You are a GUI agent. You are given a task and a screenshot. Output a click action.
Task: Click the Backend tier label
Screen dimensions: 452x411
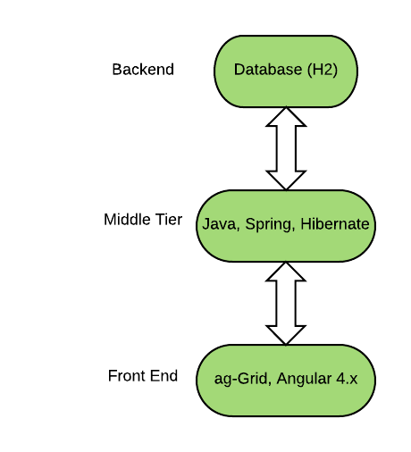[143, 69]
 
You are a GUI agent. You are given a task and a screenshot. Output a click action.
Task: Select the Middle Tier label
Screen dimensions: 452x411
[143, 220]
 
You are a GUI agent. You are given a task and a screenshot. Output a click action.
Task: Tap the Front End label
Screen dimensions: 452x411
[143, 375]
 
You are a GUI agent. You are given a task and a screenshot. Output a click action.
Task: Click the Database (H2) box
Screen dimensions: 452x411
[285, 70]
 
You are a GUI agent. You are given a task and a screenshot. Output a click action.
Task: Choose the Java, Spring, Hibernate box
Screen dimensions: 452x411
[285, 224]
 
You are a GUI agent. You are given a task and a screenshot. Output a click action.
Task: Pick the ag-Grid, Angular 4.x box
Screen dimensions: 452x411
[285, 379]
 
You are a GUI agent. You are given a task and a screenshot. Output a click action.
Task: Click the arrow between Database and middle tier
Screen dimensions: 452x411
[286, 147]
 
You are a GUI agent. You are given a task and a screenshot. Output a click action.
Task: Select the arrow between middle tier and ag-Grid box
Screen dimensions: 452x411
[286, 303]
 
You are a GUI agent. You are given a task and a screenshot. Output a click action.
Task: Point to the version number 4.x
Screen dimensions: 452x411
[345, 379]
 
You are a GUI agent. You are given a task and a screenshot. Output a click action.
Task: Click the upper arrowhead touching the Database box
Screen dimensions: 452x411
[286, 116]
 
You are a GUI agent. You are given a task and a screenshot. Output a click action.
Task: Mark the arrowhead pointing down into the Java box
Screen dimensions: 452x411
[286, 179]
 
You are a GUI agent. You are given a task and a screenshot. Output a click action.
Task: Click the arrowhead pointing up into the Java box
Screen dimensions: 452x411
[286, 272]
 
